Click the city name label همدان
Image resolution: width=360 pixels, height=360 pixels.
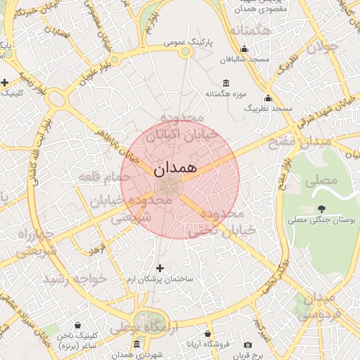click(172, 169)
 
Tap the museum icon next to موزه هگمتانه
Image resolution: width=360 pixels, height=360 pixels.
click(225, 82)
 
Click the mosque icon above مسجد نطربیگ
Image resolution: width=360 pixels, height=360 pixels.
click(268, 98)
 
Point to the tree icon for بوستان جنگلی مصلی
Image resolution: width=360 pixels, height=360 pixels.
click(322, 209)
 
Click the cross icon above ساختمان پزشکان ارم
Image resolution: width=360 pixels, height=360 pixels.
click(160, 268)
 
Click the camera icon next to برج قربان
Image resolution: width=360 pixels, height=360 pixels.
click(247, 345)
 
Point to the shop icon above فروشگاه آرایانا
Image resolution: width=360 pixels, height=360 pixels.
click(207, 334)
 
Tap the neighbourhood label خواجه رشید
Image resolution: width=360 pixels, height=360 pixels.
click(75, 278)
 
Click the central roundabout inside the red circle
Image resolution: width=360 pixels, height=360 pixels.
click(169, 186)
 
